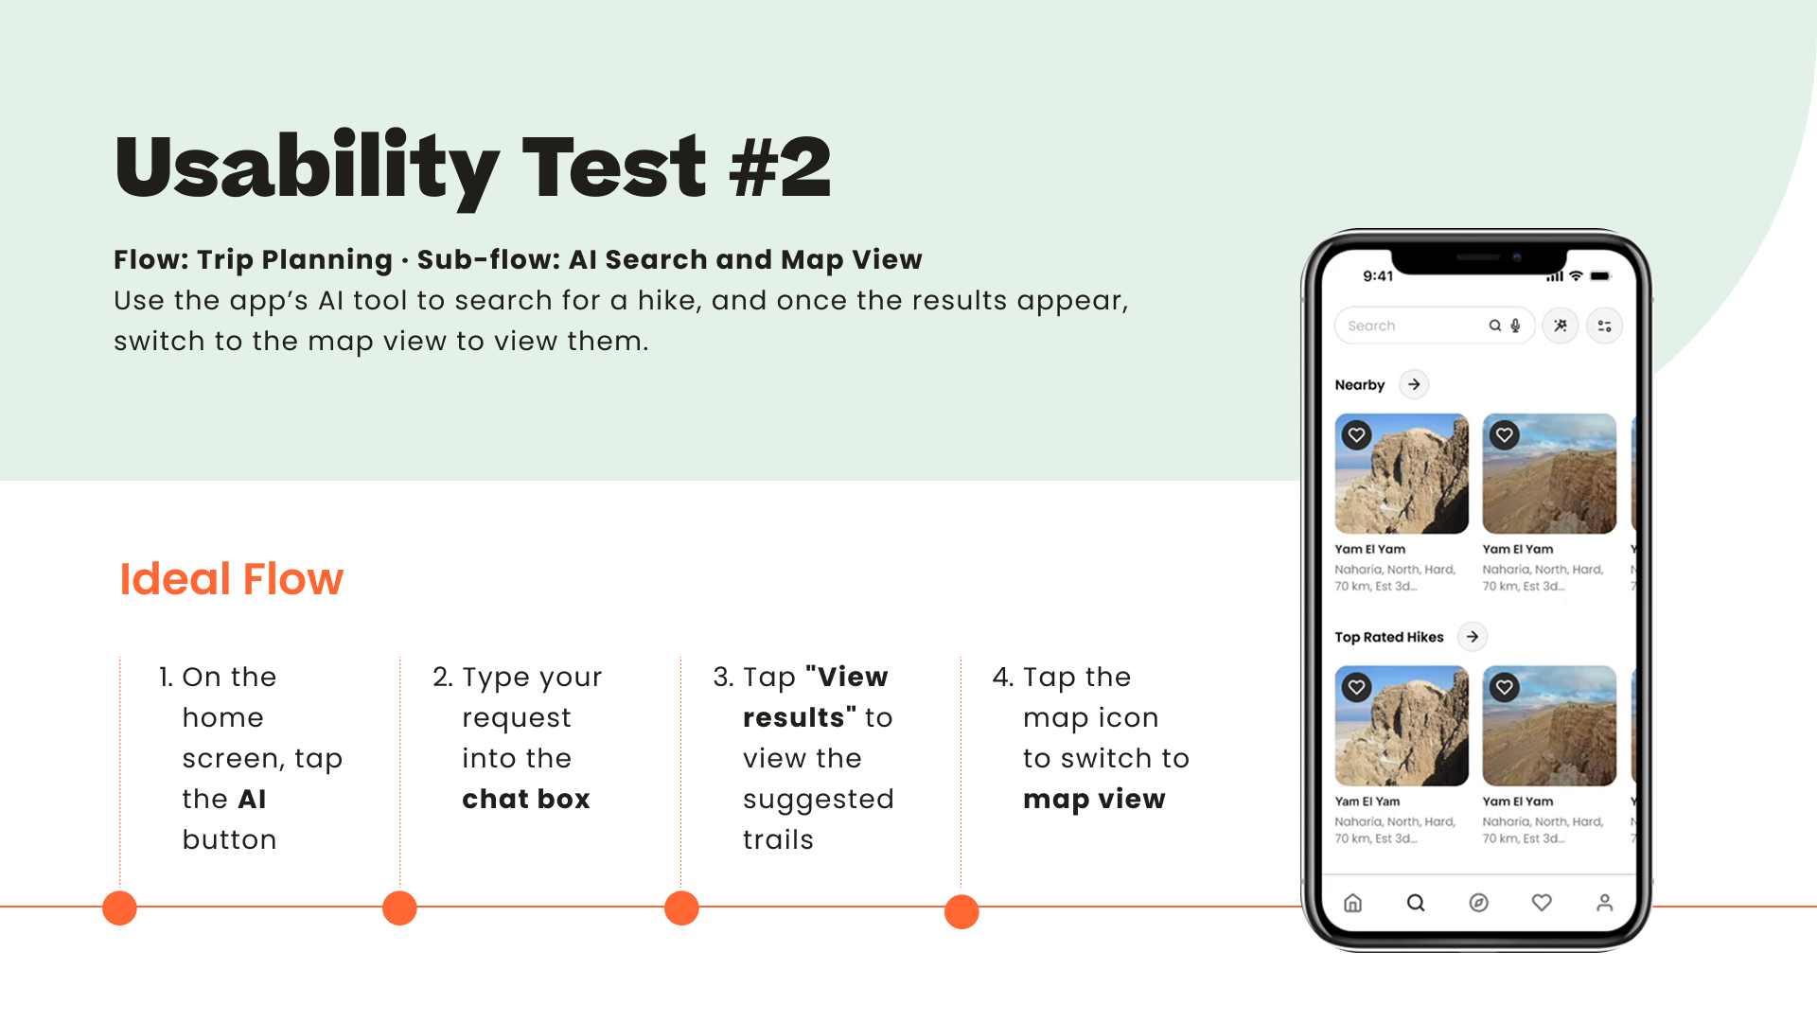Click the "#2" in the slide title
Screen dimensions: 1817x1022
780,167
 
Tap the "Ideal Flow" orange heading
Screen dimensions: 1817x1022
231,578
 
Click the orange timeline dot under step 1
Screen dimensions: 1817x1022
119,907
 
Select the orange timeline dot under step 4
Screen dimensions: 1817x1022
961,911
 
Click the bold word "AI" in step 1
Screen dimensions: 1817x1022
252,799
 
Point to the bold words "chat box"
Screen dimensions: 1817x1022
526,799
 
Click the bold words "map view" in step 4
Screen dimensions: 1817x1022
1094,799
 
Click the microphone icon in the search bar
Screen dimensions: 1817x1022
1515,326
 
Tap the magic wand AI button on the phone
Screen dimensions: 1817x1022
1561,326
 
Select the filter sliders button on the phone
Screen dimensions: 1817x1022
1605,326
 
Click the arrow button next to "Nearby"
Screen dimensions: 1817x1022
1414,384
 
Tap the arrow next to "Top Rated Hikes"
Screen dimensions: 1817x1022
1473,637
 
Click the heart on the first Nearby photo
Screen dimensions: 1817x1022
1357,435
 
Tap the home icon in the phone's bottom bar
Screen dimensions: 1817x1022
1353,903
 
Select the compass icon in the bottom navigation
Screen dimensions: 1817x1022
1478,903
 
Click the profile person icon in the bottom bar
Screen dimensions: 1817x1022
1605,903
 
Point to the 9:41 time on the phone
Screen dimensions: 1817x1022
1378,275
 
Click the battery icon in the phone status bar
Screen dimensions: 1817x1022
1600,276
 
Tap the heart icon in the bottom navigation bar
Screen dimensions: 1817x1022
1542,903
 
